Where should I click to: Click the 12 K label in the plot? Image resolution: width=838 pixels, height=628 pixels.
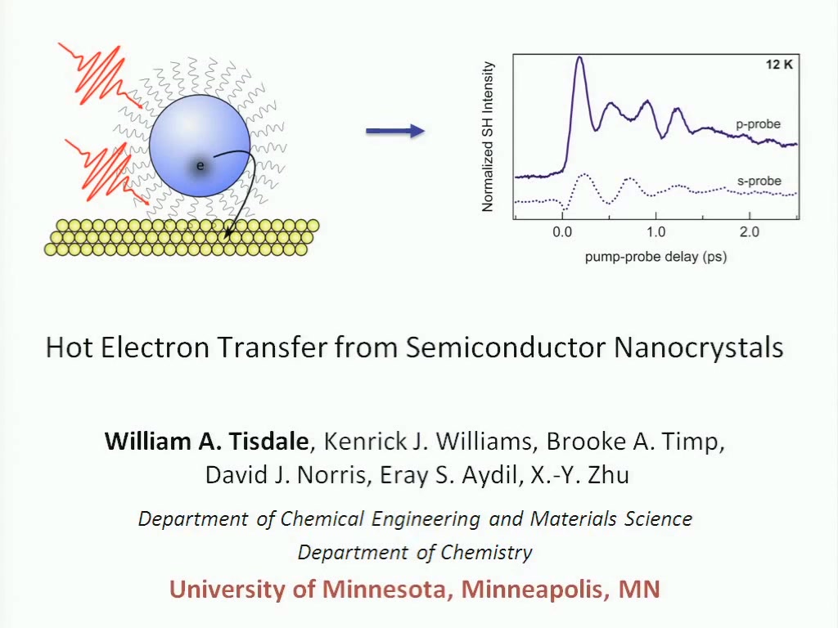click(779, 65)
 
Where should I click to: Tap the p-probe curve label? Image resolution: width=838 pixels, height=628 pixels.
click(758, 124)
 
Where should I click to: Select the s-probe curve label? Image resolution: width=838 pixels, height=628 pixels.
click(759, 181)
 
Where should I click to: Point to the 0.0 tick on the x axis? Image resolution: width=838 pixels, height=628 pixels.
click(562, 231)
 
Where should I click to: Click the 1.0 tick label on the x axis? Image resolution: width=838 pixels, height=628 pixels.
click(656, 231)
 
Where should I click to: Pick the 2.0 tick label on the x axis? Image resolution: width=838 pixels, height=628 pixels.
click(750, 231)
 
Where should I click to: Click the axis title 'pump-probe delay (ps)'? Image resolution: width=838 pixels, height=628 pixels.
click(656, 257)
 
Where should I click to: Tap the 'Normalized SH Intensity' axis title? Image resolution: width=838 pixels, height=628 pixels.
click(488, 137)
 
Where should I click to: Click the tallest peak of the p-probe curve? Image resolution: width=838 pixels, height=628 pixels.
click(579, 57)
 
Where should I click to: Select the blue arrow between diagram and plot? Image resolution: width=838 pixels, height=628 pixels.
click(395, 131)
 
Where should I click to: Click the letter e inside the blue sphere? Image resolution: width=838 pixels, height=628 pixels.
click(200, 165)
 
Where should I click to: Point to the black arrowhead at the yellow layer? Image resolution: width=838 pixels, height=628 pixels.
click(229, 233)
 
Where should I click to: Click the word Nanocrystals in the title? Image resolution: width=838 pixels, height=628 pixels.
click(699, 347)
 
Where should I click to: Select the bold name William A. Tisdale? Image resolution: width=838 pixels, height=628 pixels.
click(206, 441)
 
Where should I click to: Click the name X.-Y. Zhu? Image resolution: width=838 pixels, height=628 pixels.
click(580, 475)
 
